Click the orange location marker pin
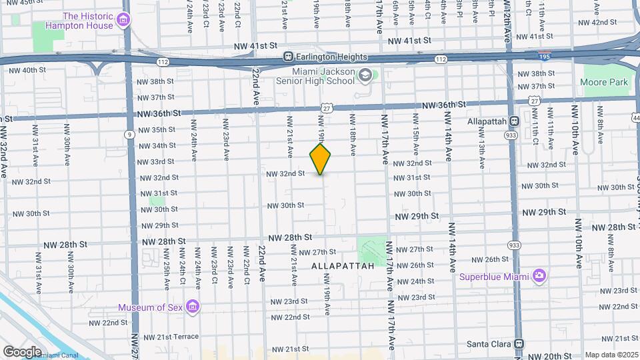point(321,159)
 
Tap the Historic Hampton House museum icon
point(123,21)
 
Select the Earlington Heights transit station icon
point(288,56)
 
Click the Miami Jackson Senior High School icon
point(365,76)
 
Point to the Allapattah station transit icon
point(514,122)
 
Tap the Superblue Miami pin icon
point(539,276)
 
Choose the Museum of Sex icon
point(193,307)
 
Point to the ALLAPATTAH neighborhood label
point(338,265)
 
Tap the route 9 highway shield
point(127,134)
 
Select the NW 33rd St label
point(155,161)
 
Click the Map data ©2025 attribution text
point(610,355)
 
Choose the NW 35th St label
point(155,129)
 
